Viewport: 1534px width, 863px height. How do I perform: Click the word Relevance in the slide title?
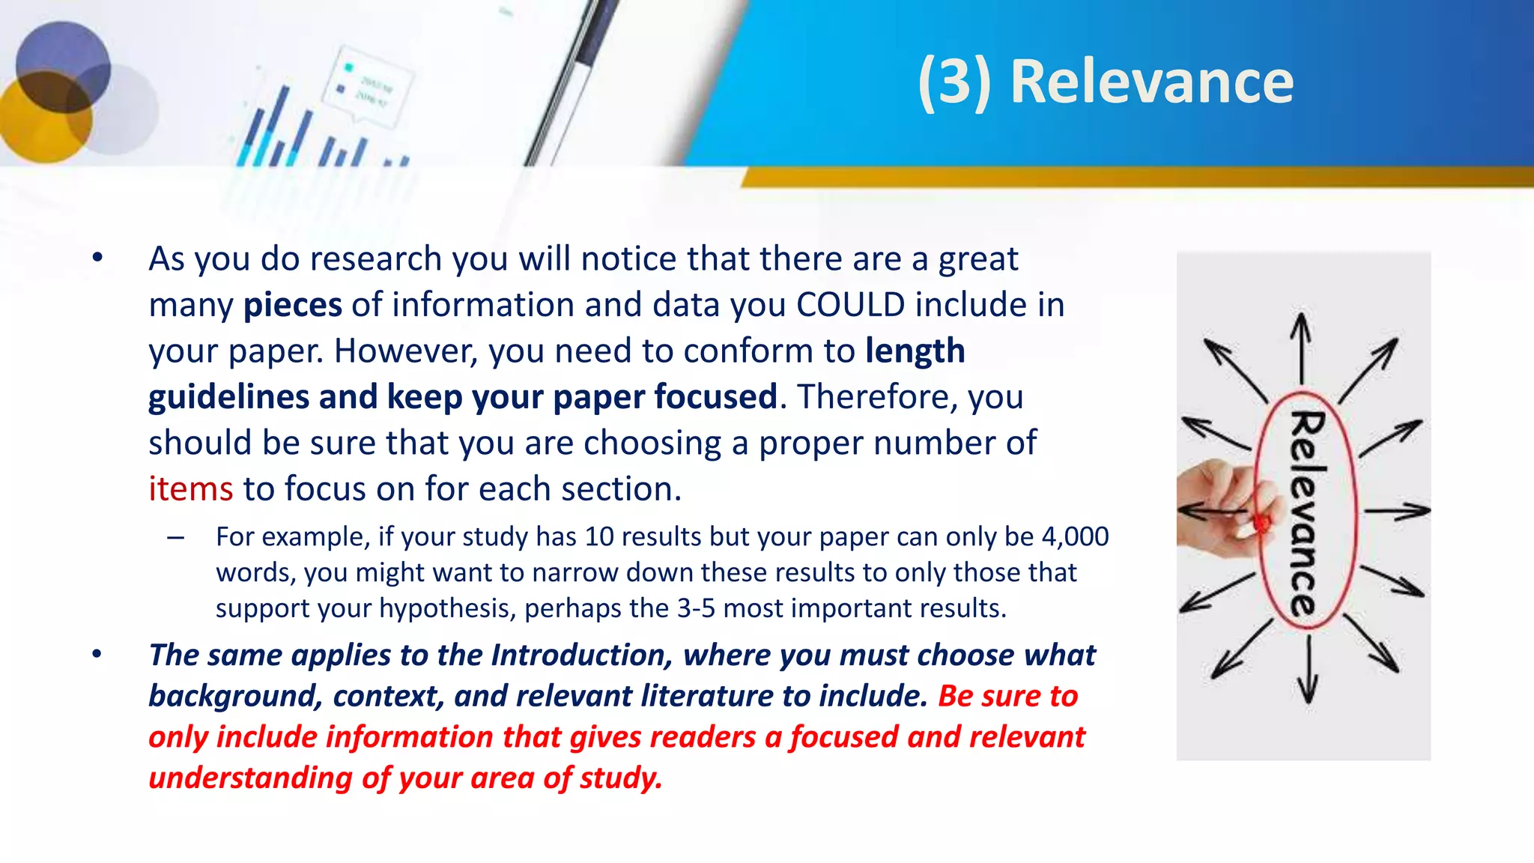coord(1151,82)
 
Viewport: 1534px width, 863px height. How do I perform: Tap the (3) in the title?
coord(954,82)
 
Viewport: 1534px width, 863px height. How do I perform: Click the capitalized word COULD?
coord(850,305)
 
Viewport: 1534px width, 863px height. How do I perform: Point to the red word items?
coord(191,489)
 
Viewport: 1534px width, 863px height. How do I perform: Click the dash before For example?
coord(176,537)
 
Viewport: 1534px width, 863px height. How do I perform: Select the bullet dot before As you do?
coord(97,258)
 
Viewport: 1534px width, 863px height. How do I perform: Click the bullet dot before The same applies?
coord(97,655)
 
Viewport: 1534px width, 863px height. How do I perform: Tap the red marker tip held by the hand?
coord(1261,522)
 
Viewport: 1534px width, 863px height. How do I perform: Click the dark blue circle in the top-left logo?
coord(63,67)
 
